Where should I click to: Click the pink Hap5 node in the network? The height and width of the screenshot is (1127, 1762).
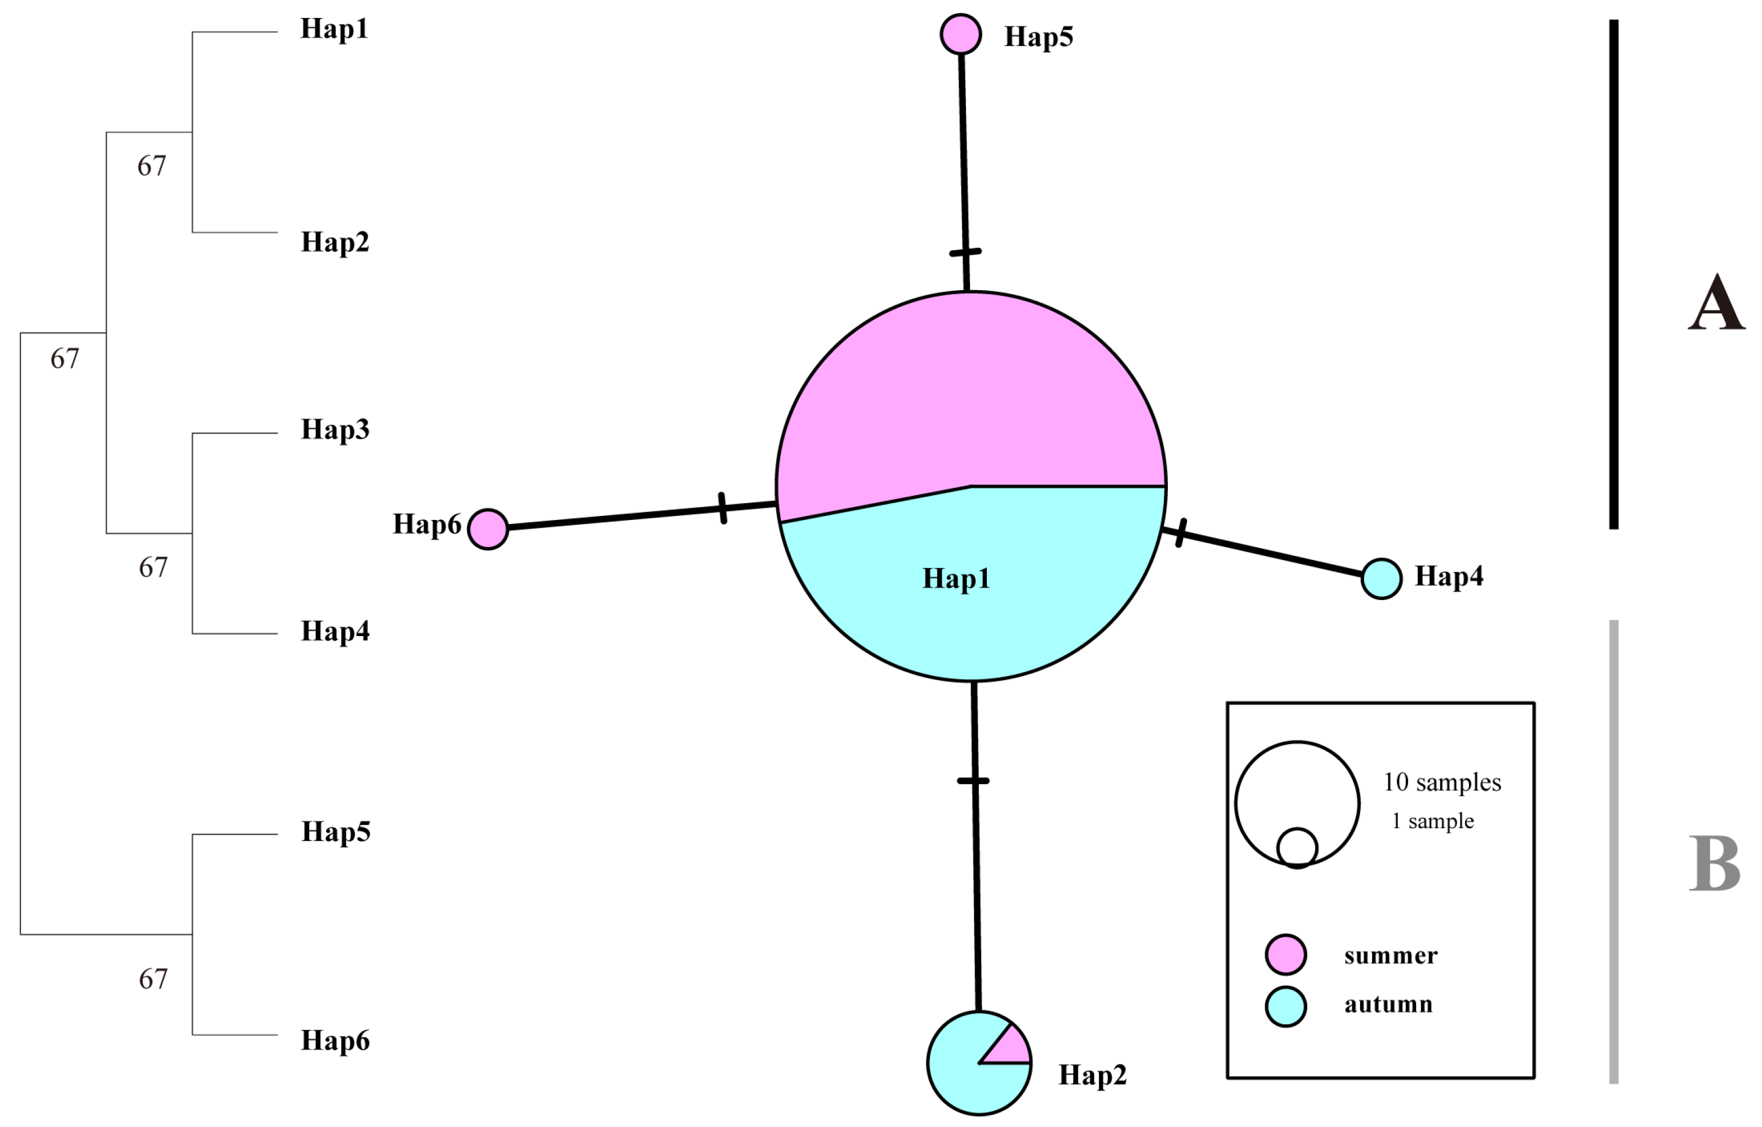960,34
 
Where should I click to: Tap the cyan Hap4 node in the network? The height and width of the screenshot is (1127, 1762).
1381,578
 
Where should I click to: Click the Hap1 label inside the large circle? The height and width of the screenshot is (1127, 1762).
956,579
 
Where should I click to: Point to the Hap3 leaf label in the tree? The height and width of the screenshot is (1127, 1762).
335,429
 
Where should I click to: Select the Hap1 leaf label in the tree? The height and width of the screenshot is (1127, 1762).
334,29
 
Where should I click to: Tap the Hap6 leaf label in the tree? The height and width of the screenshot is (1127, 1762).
335,1041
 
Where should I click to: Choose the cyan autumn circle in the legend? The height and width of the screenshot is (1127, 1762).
1286,1006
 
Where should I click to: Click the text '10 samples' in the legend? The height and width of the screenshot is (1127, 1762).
1442,782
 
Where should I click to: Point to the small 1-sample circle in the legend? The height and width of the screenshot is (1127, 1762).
1297,847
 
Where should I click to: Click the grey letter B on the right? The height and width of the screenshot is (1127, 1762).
1714,864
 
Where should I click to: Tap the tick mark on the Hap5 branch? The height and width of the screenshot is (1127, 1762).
965,252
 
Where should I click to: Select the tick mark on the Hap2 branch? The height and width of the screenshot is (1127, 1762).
973,781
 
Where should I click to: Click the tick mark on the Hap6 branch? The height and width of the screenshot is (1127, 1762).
723,508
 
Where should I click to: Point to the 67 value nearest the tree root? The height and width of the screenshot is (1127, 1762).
64,359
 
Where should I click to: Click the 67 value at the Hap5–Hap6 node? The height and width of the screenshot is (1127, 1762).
153,979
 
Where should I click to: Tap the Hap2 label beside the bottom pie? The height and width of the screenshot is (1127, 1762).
1092,1075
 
